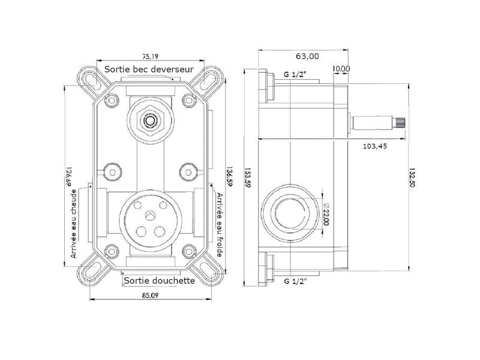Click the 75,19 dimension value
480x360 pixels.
151,56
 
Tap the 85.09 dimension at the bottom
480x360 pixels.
150,295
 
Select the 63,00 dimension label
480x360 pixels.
307,56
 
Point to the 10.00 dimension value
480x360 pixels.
341,69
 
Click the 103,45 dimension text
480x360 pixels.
374,146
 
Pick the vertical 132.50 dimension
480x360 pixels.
412,177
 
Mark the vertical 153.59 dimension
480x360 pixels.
248,178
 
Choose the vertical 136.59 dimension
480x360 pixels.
229,176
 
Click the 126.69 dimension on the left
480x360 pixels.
68,176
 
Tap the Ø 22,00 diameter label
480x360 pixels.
326,214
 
